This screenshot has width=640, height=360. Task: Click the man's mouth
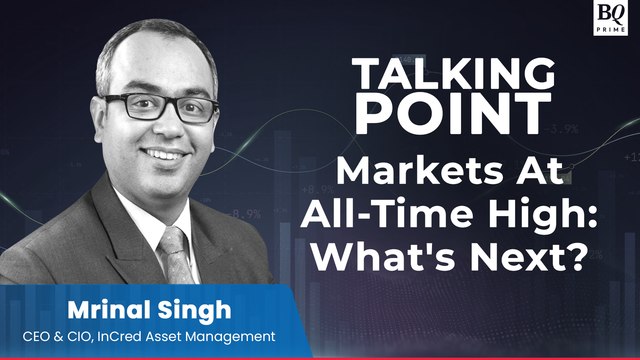tap(163, 155)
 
